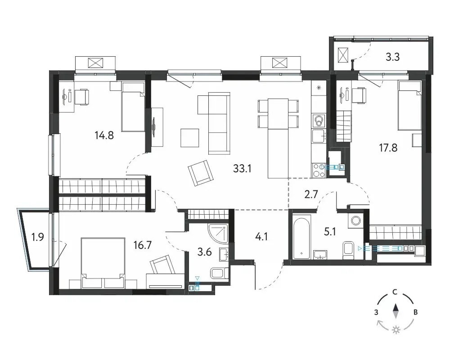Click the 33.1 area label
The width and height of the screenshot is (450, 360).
point(242,168)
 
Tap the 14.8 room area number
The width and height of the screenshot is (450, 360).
point(104,135)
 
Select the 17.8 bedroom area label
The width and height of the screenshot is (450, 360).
point(388,148)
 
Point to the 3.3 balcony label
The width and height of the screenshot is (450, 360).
point(392,57)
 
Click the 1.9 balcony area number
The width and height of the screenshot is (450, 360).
point(38,237)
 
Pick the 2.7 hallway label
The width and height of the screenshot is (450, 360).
point(311,194)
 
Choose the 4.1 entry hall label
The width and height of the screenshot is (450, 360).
point(261,237)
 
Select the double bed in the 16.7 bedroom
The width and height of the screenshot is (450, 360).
point(103,263)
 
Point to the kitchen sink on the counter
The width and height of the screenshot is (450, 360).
point(319,135)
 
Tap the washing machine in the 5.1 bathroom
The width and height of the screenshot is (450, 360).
point(356,220)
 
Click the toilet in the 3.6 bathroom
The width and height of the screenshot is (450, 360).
point(220,273)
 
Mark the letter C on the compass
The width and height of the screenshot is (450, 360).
point(395,292)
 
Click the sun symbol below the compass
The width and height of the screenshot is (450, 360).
point(396,330)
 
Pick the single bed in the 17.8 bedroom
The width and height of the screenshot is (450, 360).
point(409,106)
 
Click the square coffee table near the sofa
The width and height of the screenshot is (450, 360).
point(190,138)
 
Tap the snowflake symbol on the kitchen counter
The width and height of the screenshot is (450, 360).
point(319,88)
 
